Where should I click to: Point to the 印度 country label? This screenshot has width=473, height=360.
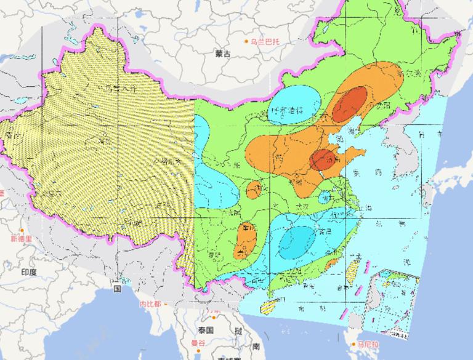pos(29,271)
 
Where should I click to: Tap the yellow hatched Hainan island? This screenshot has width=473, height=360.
pos(270,306)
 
